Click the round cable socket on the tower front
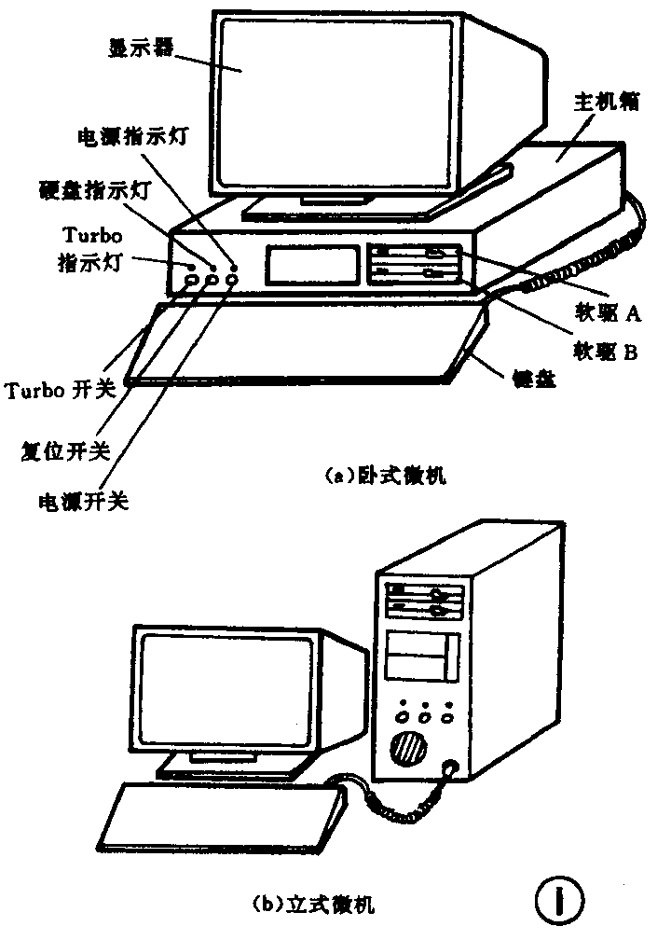[x=452, y=769]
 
